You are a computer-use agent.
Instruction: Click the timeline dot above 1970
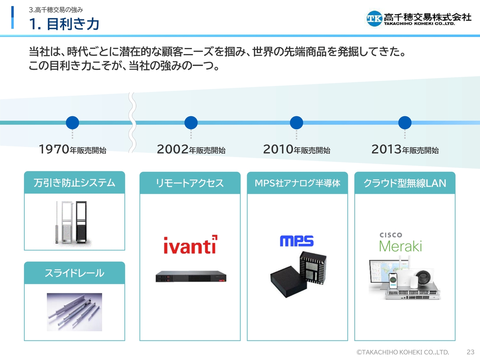(72, 123)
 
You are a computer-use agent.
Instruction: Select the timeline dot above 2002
(191, 123)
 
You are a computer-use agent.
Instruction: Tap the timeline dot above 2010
(296, 123)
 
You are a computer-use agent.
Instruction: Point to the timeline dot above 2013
(405, 123)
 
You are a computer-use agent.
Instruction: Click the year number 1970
(54, 149)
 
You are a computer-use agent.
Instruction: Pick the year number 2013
(386, 149)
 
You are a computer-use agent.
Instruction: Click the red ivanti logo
(190, 244)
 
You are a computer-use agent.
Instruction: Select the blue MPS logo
(297, 241)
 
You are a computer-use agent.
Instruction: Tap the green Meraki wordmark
(400, 246)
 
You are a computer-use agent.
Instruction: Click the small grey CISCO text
(391, 235)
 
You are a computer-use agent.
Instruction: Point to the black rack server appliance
(191, 276)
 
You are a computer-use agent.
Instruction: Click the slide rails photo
(74, 312)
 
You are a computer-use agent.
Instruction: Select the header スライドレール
(75, 273)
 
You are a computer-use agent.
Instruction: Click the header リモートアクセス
(190, 183)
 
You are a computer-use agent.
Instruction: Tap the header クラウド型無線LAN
(405, 183)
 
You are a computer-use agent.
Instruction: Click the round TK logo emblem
(374, 19)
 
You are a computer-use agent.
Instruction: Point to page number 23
(470, 352)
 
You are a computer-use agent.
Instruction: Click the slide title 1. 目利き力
(64, 24)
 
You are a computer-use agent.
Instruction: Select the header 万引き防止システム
(74, 183)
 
